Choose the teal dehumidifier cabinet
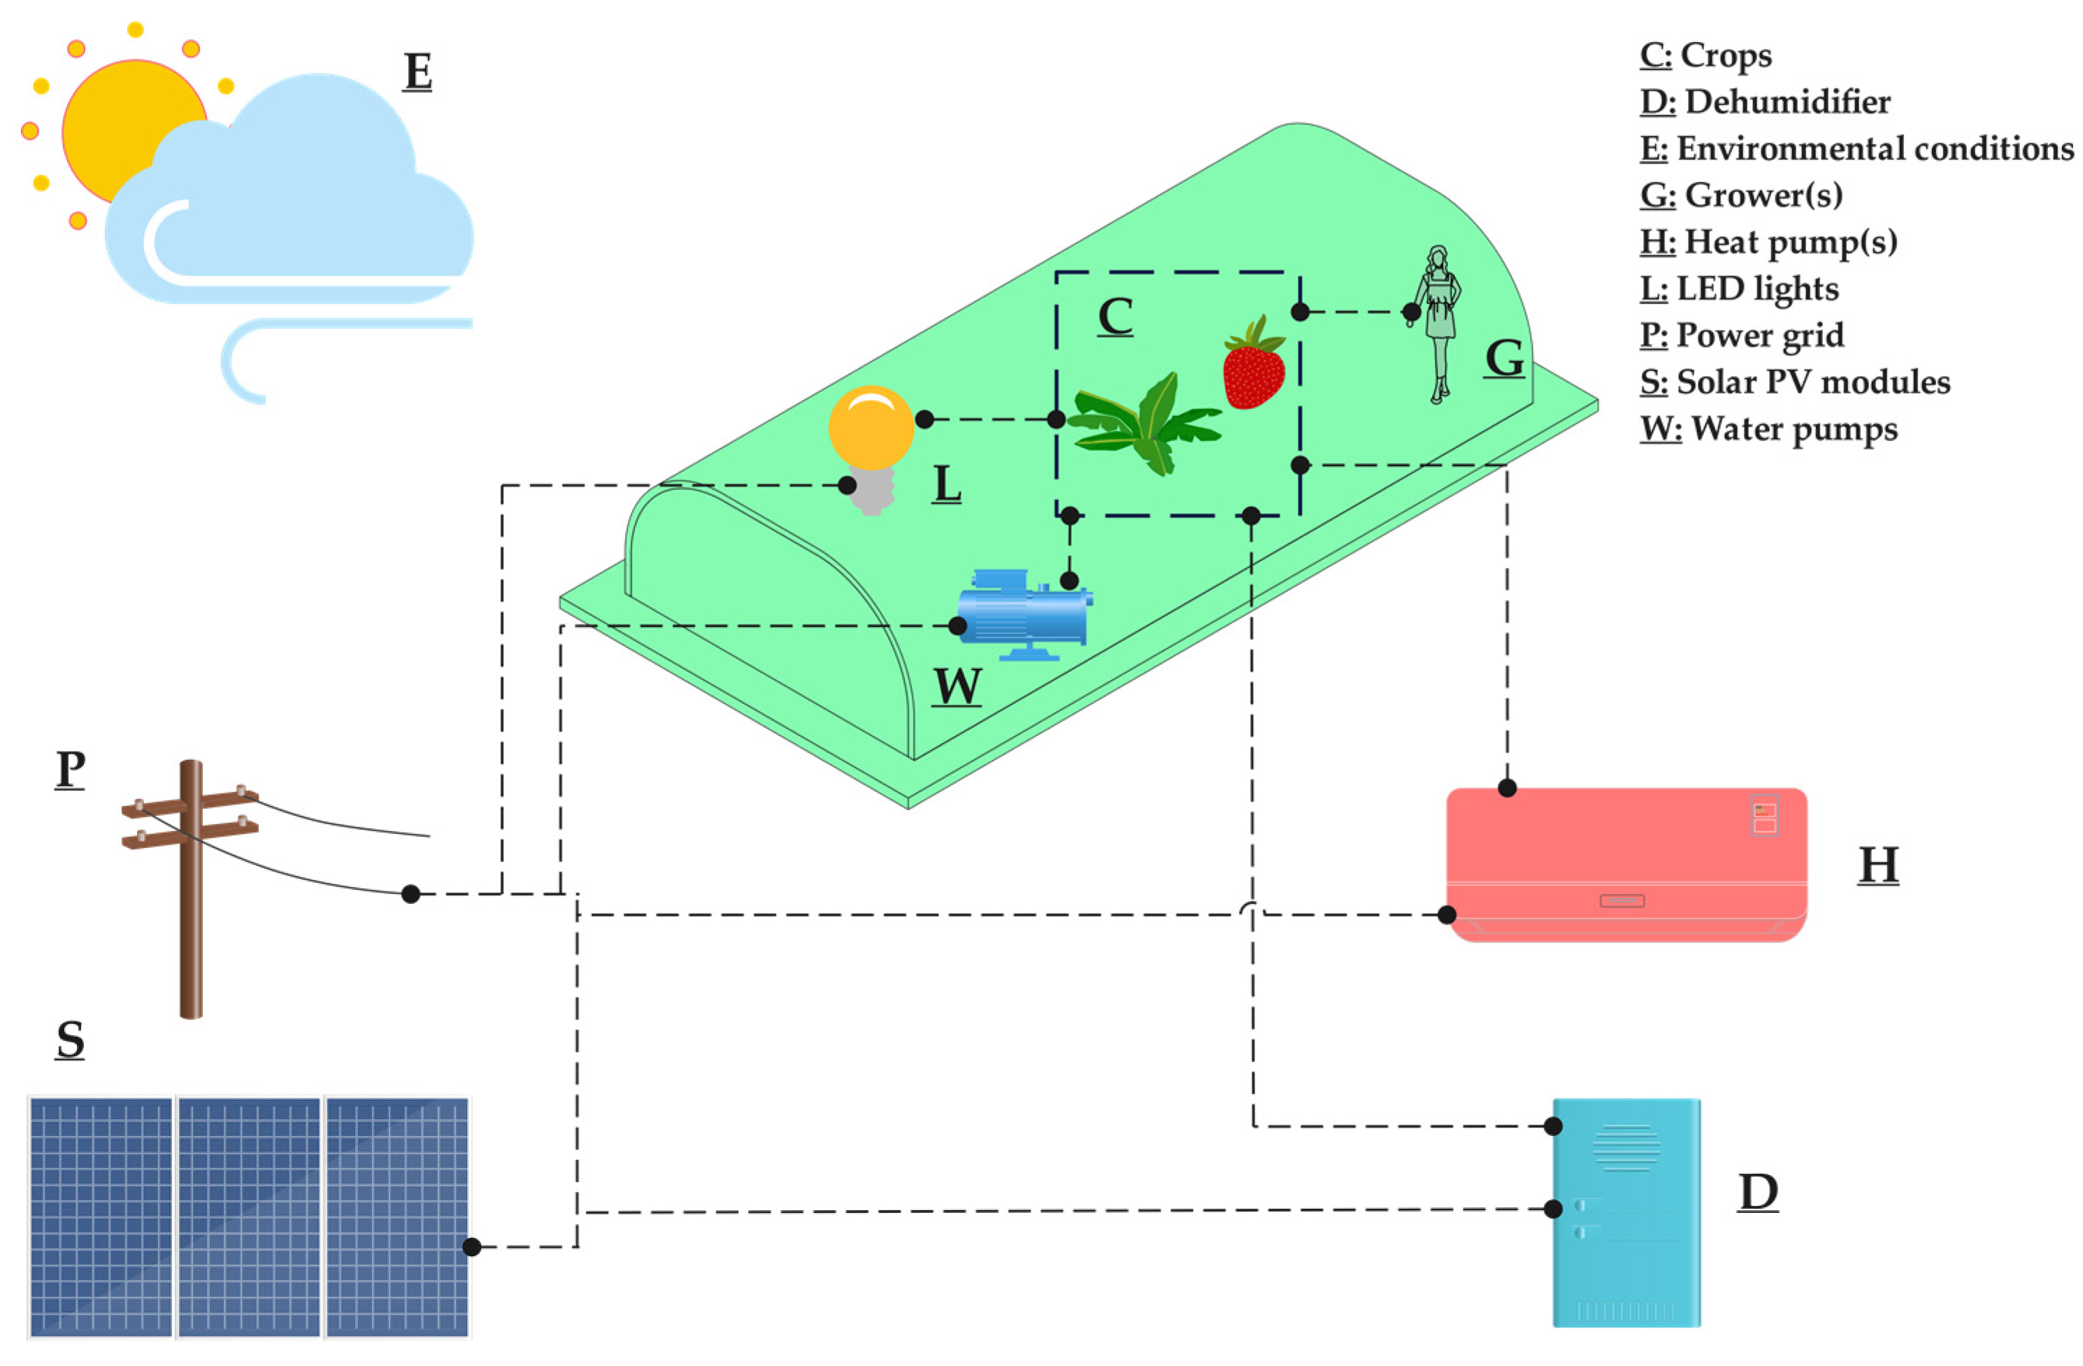1626,1213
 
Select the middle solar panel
250,1217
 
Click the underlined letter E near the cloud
417,72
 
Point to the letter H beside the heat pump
1877,865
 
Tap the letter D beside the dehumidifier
1757,1192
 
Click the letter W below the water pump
957,686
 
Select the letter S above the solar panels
70,1040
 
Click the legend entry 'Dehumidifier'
1785,102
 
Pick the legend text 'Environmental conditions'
1874,149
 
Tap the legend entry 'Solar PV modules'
1812,382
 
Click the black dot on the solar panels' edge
472,1247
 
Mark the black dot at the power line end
410,894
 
